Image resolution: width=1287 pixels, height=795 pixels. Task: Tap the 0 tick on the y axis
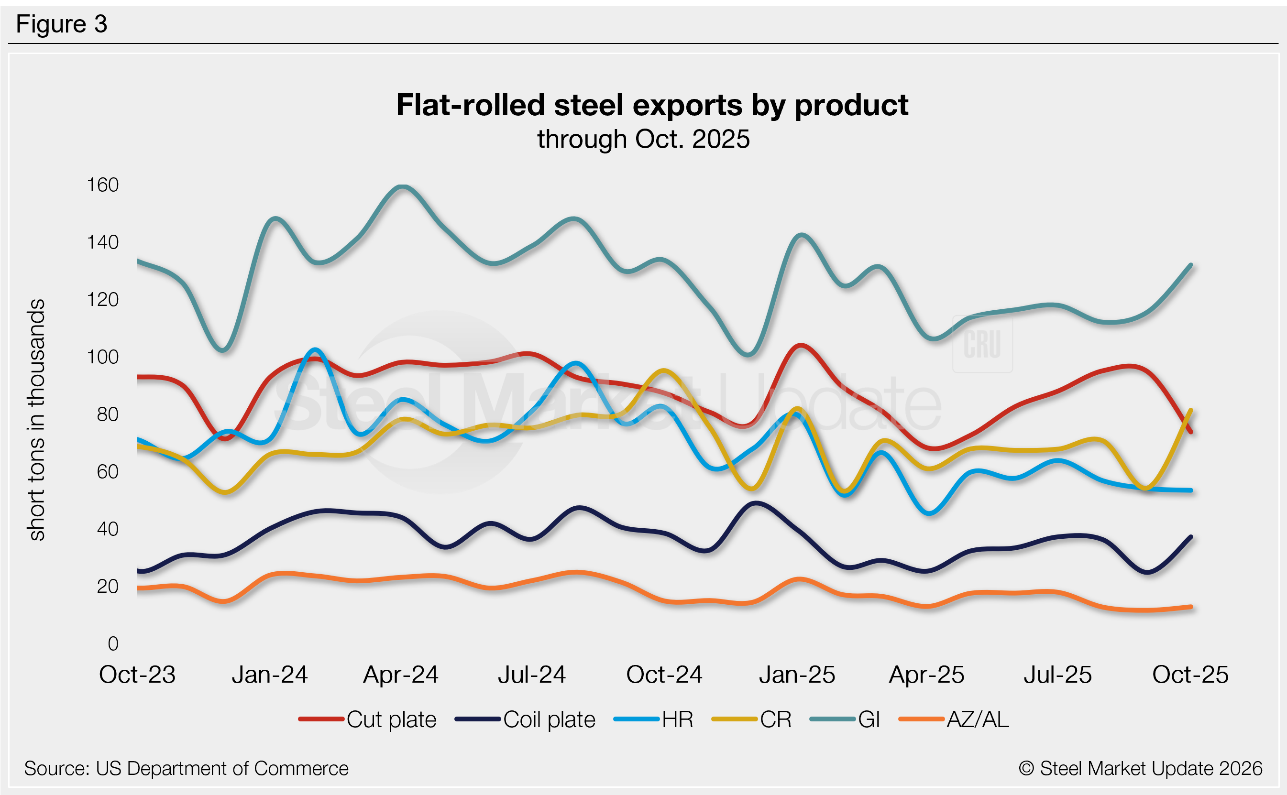tap(112, 643)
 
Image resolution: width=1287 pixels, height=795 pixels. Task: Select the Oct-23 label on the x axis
tap(137, 675)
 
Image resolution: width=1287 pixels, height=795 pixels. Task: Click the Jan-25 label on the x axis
tap(796, 675)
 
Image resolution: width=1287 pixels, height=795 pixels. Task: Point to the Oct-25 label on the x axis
tap(1190, 675)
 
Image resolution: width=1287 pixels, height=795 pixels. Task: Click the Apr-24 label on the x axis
tap(400, 675)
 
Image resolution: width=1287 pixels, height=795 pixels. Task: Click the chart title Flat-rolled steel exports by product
tap(652, 105)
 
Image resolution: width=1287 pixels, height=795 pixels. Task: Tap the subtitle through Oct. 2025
tap(643, 139)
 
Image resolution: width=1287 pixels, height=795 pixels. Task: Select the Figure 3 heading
tap(62, 24)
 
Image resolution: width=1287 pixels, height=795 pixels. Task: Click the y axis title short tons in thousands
tap(36, 420)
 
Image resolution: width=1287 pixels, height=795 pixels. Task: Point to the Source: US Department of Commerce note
tap(186, 768)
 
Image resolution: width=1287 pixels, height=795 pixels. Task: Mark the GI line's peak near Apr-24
tap(402, 186)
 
